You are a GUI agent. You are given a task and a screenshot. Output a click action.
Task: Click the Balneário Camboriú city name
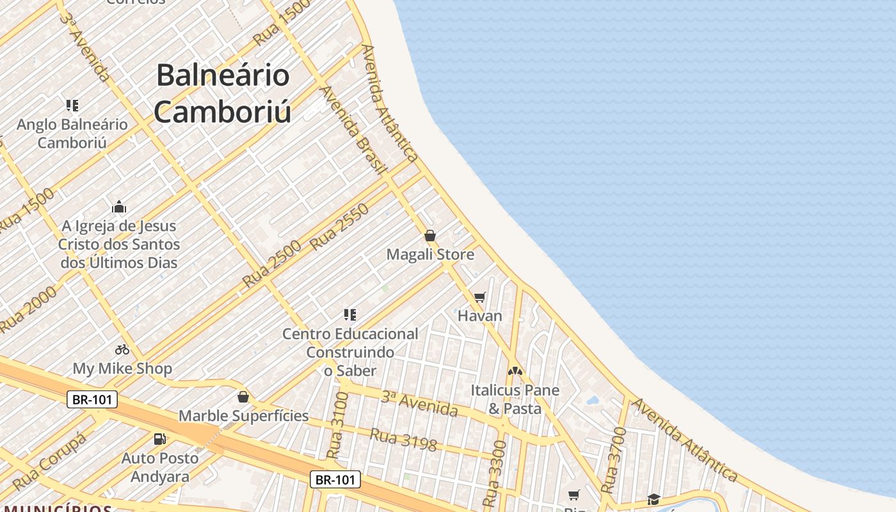point(223,93)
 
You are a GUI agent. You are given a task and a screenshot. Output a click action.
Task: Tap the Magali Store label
point(430,254)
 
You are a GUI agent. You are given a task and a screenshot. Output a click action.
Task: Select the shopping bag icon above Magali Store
point(430,236)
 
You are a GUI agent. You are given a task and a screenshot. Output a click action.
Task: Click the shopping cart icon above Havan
point(480,297)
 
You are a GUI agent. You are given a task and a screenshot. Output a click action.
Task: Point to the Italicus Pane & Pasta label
point(515,399)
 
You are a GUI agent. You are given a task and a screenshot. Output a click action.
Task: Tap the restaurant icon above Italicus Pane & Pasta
point(515,371)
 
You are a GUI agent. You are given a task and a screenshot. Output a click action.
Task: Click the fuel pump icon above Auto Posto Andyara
point(159,439)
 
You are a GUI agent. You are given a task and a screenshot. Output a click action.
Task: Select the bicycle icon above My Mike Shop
point(122,349)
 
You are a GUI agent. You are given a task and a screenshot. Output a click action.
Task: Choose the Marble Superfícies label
point(243,415)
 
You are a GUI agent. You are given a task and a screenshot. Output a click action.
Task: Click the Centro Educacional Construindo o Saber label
point(350,352)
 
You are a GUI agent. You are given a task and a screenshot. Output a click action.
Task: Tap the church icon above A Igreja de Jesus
point(119,207)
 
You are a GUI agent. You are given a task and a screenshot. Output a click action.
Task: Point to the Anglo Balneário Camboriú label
point(72,133)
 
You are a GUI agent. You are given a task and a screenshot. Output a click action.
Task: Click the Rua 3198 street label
point(403,439)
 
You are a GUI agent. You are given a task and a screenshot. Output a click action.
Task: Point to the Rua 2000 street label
point(28,308)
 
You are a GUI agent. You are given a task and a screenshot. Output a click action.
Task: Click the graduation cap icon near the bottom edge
point(653,499)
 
